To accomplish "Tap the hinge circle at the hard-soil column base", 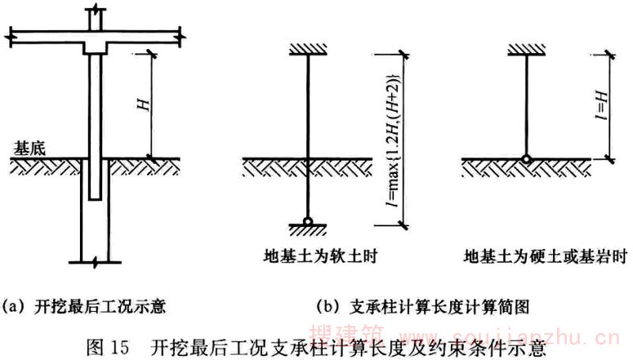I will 525,159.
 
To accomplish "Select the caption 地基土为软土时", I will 306,256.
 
